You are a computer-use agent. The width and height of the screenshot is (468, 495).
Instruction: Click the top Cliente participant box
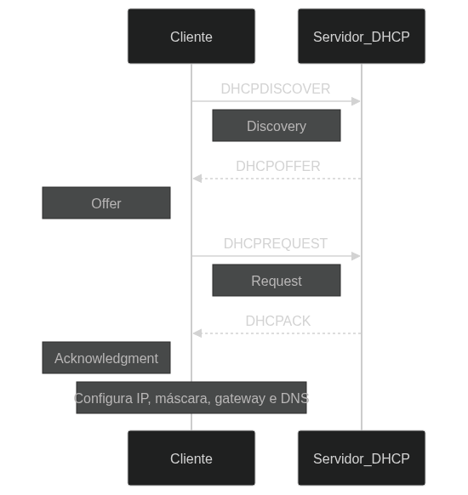coord(191,36)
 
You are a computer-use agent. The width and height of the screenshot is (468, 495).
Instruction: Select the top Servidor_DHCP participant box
coord(362,36)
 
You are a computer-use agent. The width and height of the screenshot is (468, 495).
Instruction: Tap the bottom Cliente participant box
coord(191,458)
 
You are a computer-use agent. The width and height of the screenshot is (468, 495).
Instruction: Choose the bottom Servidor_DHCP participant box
coord(362,458)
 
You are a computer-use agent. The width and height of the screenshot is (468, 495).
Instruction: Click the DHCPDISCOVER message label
coord(276,88)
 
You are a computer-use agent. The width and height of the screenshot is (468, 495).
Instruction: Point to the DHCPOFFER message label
coord(278,166)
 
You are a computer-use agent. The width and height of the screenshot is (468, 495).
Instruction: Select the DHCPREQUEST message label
coord(276,243)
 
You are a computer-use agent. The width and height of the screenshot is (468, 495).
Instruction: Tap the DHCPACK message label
coord(278,321)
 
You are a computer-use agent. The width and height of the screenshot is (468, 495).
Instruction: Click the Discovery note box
coord(277,125)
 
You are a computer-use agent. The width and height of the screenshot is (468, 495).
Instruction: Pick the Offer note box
coord(106,202)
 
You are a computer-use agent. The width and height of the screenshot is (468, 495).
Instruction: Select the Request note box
coord(277,280)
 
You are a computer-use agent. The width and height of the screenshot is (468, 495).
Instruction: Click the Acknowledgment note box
coord(106,357)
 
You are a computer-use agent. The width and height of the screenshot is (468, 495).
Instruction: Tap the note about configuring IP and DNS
coord(191,397)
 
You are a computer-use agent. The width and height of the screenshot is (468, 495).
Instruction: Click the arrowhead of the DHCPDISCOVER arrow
coord(356,101)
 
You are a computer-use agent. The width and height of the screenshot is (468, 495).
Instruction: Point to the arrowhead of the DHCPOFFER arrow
coord(197,179)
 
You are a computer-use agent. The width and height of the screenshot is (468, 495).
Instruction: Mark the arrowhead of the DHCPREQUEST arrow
coord(356,256)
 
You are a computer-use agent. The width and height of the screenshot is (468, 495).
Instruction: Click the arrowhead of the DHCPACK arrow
coord(197,333)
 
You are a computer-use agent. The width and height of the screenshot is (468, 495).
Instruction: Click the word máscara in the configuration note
coord(183,398)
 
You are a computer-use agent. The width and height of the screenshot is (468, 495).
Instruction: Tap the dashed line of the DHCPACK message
coord(277,333)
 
